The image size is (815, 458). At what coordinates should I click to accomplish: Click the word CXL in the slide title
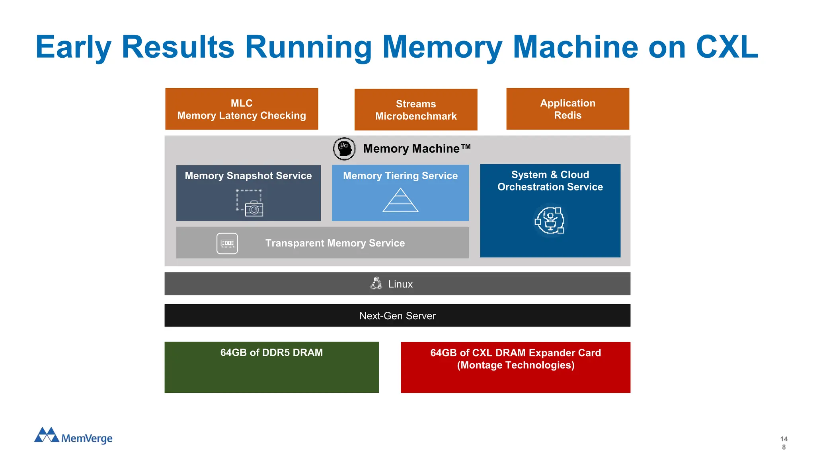727,47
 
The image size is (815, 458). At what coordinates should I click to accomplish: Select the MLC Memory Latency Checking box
242,109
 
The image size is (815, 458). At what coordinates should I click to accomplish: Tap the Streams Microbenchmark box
416,110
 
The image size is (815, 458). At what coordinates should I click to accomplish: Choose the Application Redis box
567,109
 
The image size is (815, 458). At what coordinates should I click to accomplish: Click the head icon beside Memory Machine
344,149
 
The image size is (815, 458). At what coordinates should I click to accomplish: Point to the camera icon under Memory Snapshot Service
253,208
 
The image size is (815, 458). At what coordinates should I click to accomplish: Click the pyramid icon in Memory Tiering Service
400,200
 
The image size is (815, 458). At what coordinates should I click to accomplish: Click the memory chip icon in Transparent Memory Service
227,243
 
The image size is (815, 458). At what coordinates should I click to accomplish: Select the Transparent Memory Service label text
335,243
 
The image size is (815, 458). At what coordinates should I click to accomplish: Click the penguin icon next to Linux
376,283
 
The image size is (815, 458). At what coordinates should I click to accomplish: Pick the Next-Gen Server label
397,316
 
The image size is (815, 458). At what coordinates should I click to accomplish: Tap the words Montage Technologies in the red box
515,365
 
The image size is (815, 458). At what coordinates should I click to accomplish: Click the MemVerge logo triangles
47,435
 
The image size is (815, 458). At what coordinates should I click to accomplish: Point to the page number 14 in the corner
784,439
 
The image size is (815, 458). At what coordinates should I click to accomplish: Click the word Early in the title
73,47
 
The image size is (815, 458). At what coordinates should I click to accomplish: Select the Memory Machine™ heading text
416,149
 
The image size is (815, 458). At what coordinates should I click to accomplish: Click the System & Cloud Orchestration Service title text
550,181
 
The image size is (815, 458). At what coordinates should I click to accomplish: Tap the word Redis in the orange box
567,116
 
